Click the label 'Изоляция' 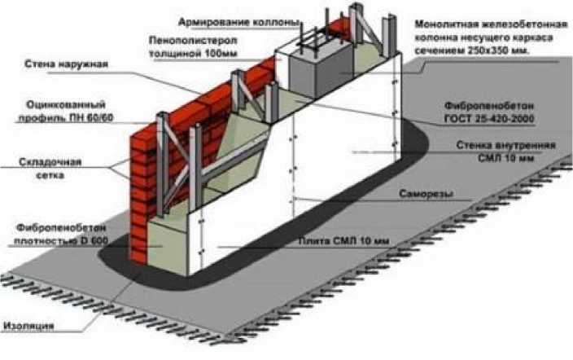(x=28, y=325)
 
